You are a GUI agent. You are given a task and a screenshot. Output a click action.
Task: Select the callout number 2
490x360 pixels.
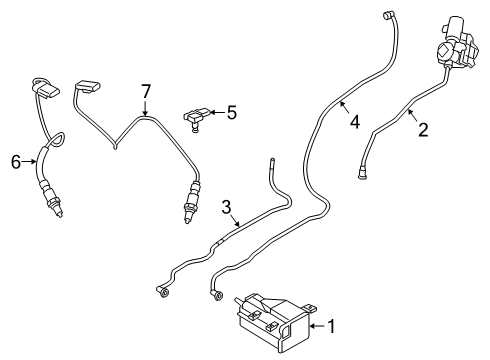[423, 130]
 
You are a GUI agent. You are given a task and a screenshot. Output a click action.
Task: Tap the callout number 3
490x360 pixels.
[227, 208]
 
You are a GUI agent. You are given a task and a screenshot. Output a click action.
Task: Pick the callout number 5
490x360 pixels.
[231, 113]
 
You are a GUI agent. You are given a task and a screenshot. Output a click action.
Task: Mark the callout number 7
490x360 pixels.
[145, 92]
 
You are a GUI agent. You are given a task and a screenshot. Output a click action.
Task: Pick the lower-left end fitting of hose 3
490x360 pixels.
[161, 291]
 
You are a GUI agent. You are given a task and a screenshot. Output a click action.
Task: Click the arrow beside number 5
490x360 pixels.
[216, 114]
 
